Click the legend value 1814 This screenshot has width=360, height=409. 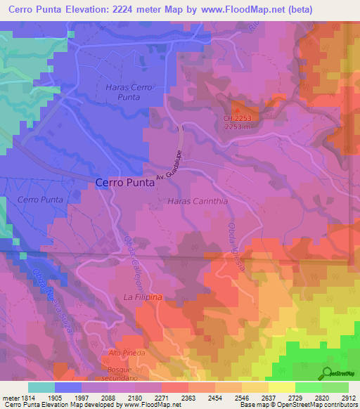coord(28,398)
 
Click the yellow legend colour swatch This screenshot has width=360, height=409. coord(282,387)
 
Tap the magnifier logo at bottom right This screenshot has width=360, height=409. coord(326,372)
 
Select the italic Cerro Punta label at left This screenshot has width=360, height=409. coord(40,200)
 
